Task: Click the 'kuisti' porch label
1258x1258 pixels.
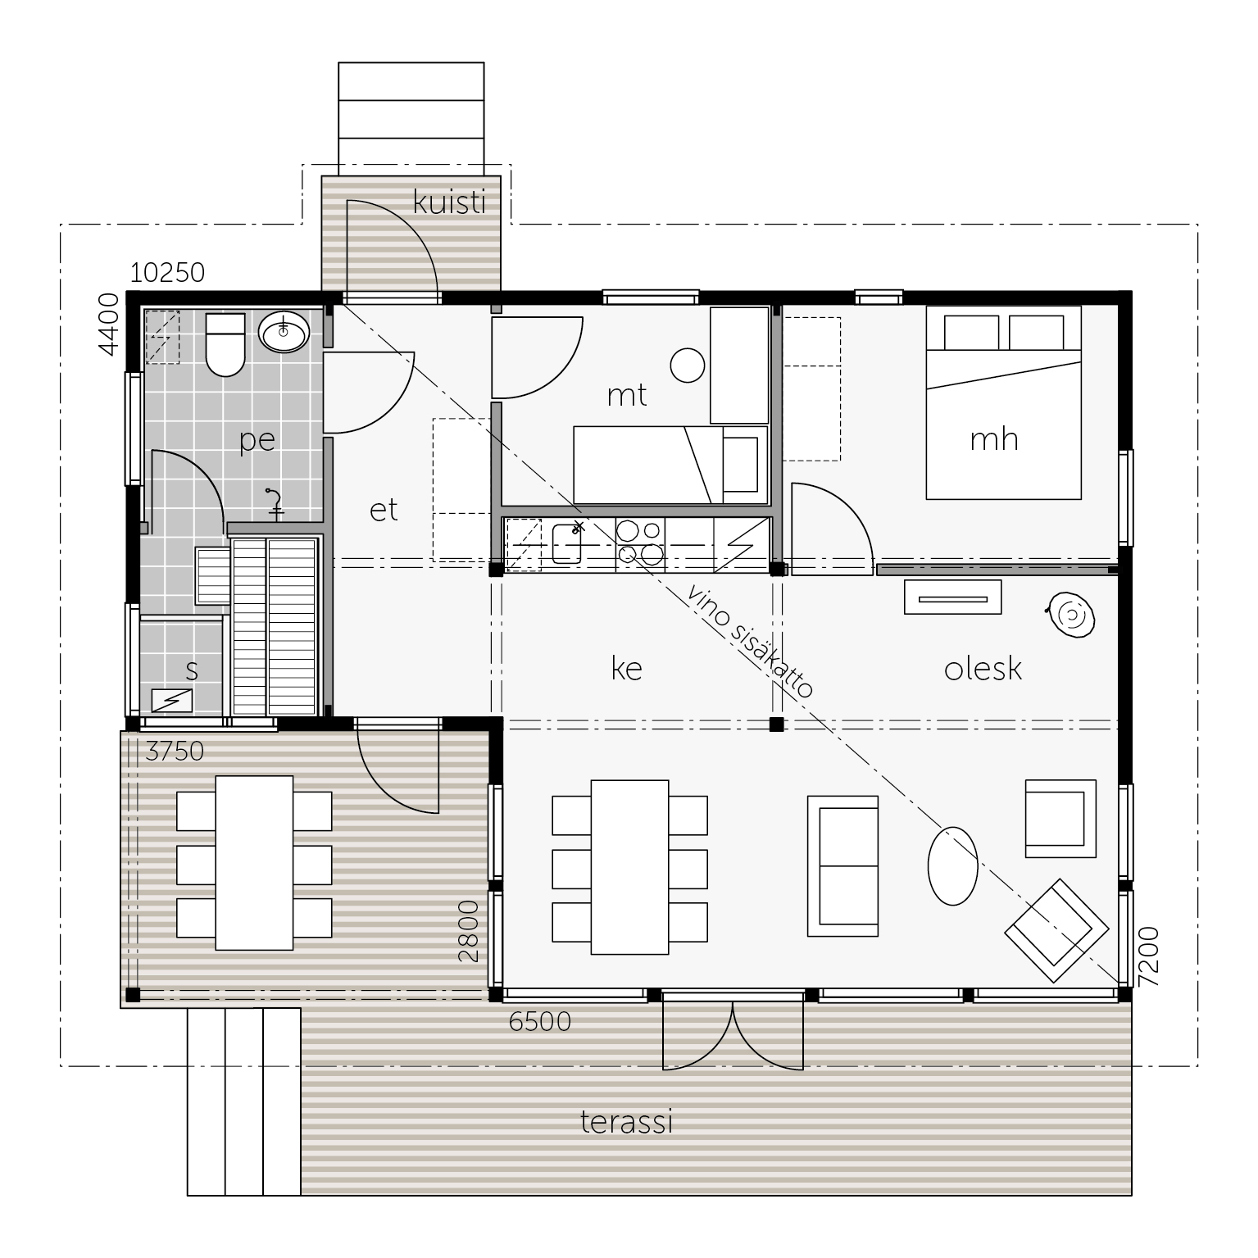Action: click(450, 202)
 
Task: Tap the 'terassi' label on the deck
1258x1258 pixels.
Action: click(627, 1121)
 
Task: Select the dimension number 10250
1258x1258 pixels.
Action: click(167, 272)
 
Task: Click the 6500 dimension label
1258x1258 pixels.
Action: click(540, 1022)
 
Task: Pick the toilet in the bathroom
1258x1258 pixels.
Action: click(225, 343)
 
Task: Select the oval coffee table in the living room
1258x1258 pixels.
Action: click(952, 865)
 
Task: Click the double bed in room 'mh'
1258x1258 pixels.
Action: click(1003, 402)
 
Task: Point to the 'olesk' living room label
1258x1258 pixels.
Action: click(983, 669)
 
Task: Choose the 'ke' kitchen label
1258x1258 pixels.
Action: click(627, 669)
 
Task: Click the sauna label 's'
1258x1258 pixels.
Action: click(192, 670)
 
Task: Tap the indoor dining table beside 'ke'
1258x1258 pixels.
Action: click(629, 867)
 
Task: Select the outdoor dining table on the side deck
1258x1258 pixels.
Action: click(254, 862)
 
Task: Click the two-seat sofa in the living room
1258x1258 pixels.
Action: click(843, 865)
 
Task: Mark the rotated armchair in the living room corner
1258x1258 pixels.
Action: click(1052, 930)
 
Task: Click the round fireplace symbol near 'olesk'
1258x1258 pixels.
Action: click(1070, 614)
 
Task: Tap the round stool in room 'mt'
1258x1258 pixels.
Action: click(688, 365)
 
